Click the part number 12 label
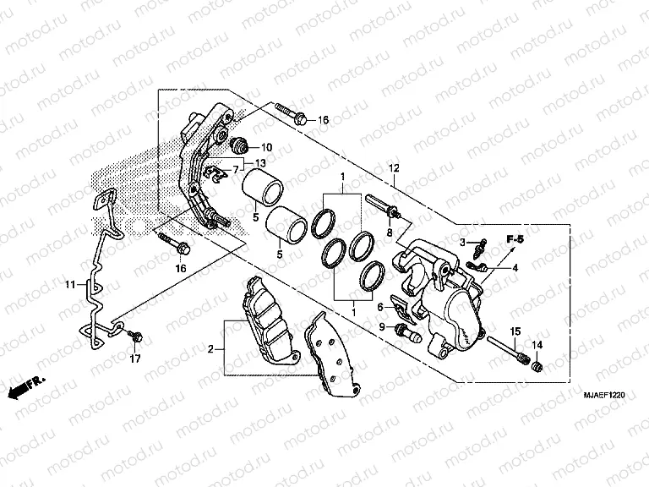tap(393, 169)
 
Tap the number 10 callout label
tap(266, 147)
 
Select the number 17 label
tap(135, 359)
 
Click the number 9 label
tap(381, 326)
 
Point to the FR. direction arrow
tap(24, 387)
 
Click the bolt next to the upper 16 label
tap(287, 114)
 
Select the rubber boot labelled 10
tap(240, 142)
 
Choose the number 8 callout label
tap(390, 233)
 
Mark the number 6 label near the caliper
tap(380, 307)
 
